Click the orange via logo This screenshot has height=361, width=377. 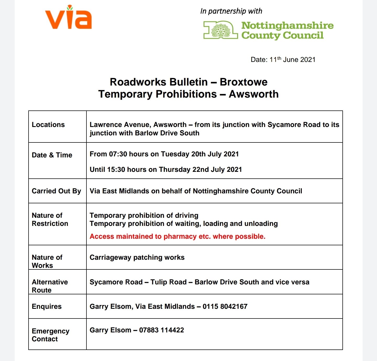click(x=68, y=18)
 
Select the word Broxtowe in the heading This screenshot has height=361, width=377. click(x=243, y=82)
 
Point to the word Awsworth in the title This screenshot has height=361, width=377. click(x=253, y=94)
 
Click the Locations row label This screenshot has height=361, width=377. click(x=48, y=125)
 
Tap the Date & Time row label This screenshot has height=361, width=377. click(x=52, y=155)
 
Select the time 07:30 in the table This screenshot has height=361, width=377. click(x=118, y=154)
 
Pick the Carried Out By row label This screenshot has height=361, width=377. click(x=56, y=191)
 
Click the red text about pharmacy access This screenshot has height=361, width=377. click(x=177, y=236)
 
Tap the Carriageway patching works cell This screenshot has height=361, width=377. click(x=137, y=257)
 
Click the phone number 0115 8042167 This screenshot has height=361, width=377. click(x=225, y=306)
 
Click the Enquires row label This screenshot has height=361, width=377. click(x=47, y=306)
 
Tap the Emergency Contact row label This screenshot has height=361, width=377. click(x=50, y=335)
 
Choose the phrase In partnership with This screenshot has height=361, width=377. click(x=231, y=11)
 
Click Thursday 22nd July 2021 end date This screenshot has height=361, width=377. click(x=200, y=169)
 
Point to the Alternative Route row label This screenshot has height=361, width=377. click(x=50, y=286)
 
